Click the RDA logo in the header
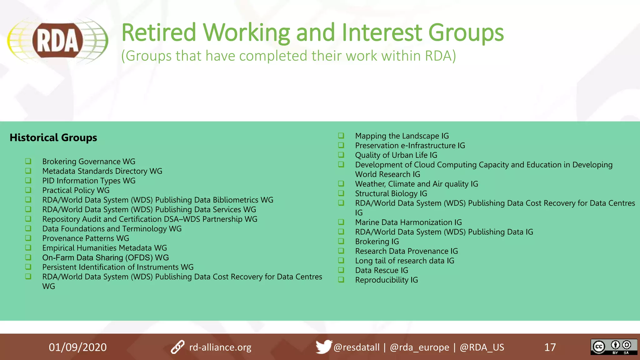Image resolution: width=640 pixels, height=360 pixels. tap(57, 41)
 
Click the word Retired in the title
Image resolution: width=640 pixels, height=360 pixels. tap(158, 32)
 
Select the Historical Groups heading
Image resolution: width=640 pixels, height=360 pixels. tap(53, 137)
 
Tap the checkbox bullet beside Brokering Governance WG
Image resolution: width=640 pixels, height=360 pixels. tap(28, 161)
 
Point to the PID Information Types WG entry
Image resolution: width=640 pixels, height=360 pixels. tap(89, 181)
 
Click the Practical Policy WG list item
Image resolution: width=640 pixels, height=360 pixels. tap(76, 190)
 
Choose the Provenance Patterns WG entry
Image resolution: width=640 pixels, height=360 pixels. tap(86, 238)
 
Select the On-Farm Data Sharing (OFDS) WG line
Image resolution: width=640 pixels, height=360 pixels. tap(105, 257)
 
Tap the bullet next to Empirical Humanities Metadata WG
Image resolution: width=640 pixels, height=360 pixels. tap(28, 248)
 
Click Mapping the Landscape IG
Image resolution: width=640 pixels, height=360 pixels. tap(402, 136)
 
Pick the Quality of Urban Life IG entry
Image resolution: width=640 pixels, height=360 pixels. tap(396, 155)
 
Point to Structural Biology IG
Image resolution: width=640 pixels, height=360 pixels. tap(391, 194)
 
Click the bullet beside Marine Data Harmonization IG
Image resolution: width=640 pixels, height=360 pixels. tap(341, 222)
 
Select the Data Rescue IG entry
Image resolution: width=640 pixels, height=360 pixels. tap(382, 270)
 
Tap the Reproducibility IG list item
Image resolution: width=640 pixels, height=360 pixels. tap(387, 280)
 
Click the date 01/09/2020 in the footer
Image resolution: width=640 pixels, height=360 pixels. tap(77, 347)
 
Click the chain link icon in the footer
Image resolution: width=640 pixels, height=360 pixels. tap(177, 347)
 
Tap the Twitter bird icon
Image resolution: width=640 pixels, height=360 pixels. tap(323, 347)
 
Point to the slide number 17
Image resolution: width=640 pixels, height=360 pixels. tap(550, 347)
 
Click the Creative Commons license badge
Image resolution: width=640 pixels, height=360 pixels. tap(613, 347)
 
